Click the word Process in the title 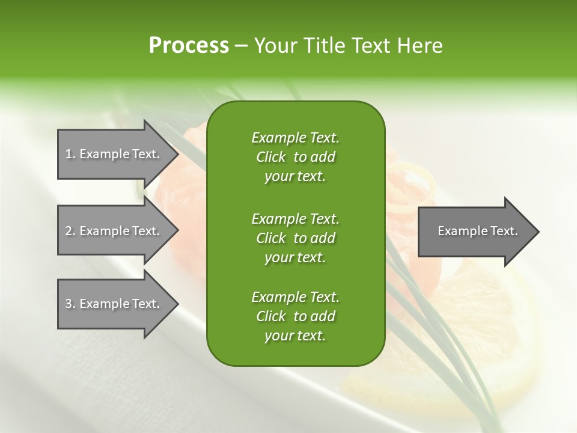[189, 46]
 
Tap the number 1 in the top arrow [69, 154]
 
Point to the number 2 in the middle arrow [69, 231]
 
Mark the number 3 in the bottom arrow [69, 304]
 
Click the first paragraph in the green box [295, 157]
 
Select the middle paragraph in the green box [295, 238]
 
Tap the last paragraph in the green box [295, 316]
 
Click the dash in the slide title [242, 46]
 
